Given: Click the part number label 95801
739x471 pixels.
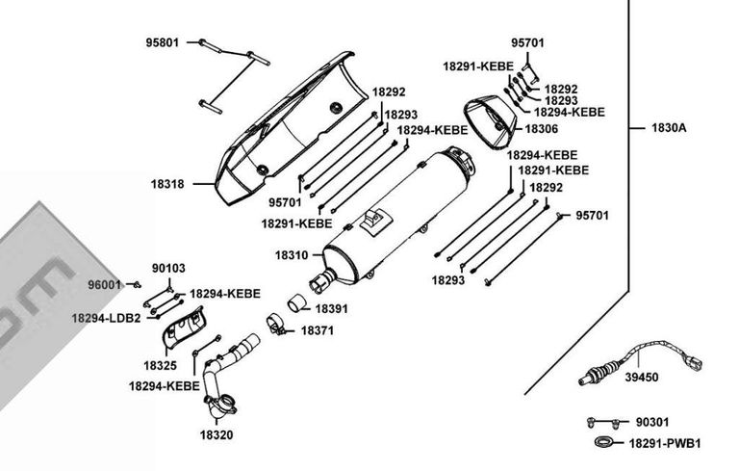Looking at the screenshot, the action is (162, 42).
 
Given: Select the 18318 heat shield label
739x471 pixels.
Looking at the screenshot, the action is (167, 184).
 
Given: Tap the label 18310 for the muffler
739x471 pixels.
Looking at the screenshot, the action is (292, 255).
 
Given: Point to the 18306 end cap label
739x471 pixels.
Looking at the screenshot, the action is (541, 128).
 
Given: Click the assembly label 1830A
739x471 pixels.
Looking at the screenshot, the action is (669, 127).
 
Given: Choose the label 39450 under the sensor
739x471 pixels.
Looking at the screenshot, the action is (642, 377).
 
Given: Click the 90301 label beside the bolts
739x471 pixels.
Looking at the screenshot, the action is (651, 422).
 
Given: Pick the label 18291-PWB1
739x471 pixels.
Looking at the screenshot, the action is (665, 444).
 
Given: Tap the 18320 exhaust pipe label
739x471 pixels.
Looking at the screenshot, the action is (217, 434).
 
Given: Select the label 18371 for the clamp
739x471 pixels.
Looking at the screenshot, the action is (318, 330).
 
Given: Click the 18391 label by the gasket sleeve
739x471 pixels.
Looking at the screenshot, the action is (331, 308).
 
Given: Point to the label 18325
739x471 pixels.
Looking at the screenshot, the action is (161, 365).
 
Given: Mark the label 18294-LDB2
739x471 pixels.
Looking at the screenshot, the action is (106, 318).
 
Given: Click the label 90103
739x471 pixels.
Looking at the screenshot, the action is (168, 268).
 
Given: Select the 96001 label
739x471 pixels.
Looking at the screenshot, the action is (105, 284).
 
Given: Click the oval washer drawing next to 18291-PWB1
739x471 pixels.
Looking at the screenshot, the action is (603, 440).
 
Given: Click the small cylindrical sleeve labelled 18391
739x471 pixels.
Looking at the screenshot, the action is (296, 302).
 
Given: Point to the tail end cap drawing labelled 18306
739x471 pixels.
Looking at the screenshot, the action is (491, 121).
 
